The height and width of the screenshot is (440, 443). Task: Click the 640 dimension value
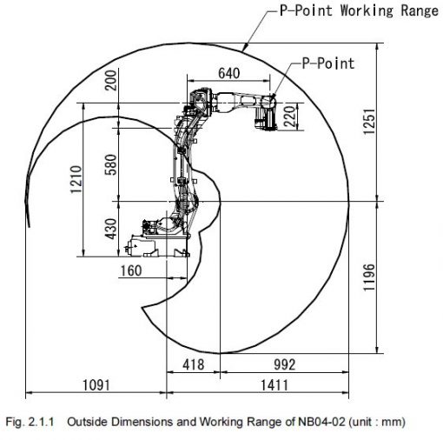click(228, 73)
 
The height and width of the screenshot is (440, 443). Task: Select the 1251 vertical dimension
click(369, 122)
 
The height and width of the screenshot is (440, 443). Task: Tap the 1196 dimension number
click(369, 277)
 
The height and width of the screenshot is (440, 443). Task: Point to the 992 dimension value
click(285, 364)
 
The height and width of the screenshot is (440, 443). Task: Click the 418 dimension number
click(193, 364)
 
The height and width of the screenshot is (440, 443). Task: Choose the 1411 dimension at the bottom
click(274, 385)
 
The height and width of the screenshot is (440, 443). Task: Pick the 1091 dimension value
click(96, 385)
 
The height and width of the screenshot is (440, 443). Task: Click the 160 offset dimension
click(131, 270)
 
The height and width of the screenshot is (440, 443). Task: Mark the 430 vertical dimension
click(111, 229)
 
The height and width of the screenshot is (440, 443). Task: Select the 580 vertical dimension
click(111, 164)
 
